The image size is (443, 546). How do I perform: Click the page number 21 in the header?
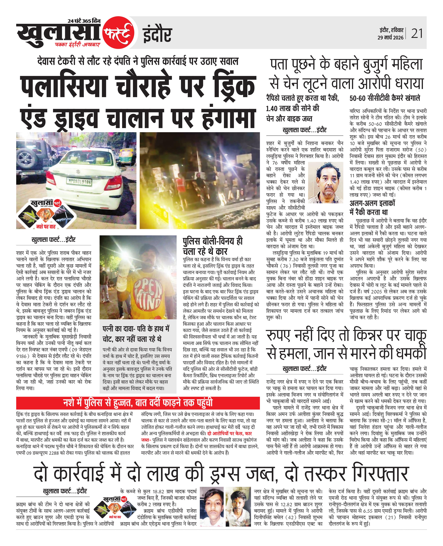[417, 34]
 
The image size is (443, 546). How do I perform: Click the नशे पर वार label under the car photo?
[46, 226]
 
